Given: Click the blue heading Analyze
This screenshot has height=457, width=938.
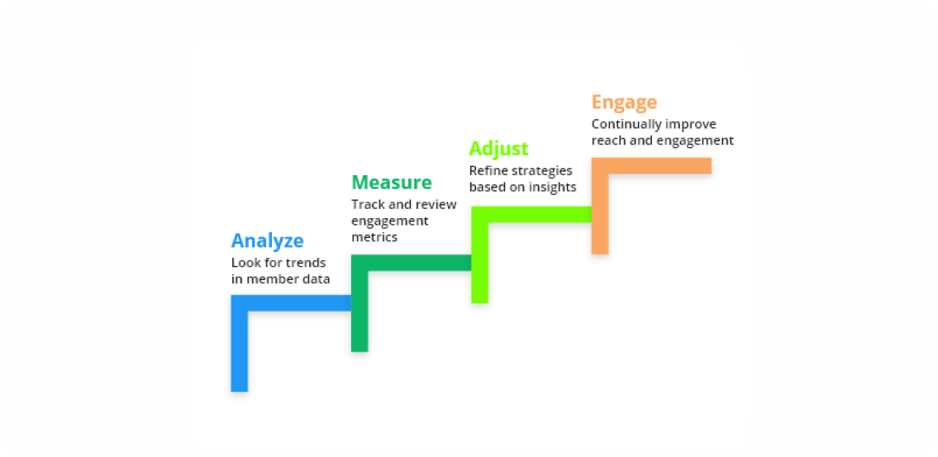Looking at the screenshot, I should pyautogui.click(x=267, y=241).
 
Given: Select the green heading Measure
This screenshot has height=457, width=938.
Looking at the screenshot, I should pyautogui.click(x=392, y=183).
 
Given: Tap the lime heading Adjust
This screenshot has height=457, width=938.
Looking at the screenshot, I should pyautogui.click(x=498, y=149).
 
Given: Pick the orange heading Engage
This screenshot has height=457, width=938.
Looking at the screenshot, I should pyautogui.click(x=624, y=102).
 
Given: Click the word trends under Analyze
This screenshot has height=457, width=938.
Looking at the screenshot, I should pyautogui.click(x=305, y=263).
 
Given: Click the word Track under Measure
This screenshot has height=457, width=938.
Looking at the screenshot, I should pyautogui.click(x=367, y=204).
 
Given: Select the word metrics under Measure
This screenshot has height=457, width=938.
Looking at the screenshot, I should pyautogui.click(x=374, y=237).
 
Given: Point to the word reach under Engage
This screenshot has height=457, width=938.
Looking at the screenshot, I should pyautogui.click(x=608, y=140).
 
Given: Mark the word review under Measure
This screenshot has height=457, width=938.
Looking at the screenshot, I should pyautogui.click(x=437, y=204).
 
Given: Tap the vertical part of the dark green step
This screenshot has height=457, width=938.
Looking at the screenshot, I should pyautogui.click(x=359, y=310).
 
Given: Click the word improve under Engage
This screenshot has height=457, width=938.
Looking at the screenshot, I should pyautogui.click(x=694, y=125).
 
